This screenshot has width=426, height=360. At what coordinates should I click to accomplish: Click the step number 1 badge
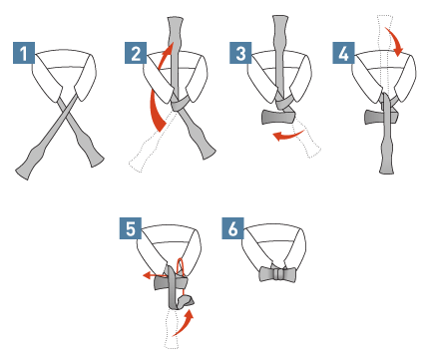pos(24,53)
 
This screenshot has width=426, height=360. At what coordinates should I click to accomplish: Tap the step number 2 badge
pos(136,53)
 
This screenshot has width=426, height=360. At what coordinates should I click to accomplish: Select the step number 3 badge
pos(240,53)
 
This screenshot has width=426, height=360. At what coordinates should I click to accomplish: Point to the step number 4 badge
pos(343,53)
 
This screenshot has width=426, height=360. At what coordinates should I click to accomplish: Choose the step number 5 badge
pos(131,228)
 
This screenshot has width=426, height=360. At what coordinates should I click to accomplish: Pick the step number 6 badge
pos(233,228)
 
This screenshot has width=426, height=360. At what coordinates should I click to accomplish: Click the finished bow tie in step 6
pos(277,274)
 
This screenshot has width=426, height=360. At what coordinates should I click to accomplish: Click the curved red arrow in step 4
pos(396,40)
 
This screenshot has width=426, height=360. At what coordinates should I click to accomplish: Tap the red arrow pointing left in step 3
pos(286,136)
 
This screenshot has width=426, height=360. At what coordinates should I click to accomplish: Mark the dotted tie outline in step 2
pos(152,143)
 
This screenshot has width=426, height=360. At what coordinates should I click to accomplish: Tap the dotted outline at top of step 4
pos(385,53)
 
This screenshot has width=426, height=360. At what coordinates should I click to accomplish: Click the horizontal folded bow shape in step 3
pos(278,117)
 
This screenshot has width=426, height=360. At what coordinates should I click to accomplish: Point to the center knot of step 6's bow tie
pos(277,274)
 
